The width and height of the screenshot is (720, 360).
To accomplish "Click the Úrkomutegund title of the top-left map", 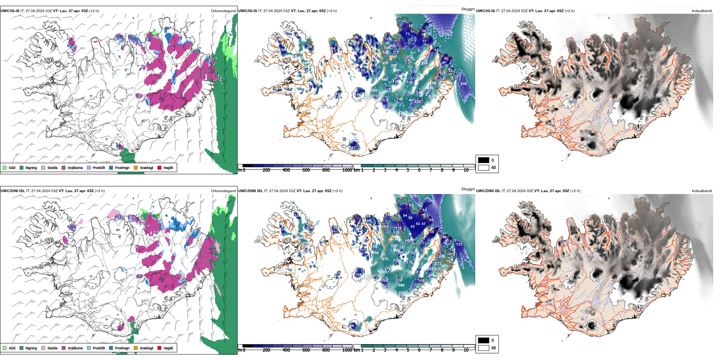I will pos(223,11).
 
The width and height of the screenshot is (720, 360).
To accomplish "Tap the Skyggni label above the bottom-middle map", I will pos(468,189).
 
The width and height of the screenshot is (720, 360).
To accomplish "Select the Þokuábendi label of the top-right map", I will pos(702,11).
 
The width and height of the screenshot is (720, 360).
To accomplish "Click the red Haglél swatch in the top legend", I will pos(160,167).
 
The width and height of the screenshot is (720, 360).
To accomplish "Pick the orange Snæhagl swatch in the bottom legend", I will pos(136,348).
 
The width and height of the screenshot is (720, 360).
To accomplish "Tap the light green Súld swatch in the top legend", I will pos(5,167).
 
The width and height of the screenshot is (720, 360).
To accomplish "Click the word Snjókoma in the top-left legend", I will pos(75,168).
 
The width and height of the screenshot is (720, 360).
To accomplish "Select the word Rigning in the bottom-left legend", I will pos(31,348).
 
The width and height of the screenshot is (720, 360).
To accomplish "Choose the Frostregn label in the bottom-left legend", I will pos(122,348).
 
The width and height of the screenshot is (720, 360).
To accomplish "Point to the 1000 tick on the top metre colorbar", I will pos(347,170).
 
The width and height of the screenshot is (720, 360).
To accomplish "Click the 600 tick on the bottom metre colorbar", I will pos(306,350).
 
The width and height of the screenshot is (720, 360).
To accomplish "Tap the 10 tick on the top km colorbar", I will pos(466,170).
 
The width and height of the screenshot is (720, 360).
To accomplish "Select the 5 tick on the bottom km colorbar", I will pos(408,350).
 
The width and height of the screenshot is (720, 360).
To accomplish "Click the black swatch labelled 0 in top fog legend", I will pos(484,160).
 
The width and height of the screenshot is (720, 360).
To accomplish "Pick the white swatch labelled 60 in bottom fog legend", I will pos(484,348).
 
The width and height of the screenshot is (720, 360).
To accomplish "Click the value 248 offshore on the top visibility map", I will pos(463,84).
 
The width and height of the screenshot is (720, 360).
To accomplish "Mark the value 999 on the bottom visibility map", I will pos(401,285).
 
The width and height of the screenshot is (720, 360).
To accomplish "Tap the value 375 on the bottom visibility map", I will pos(413,196).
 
